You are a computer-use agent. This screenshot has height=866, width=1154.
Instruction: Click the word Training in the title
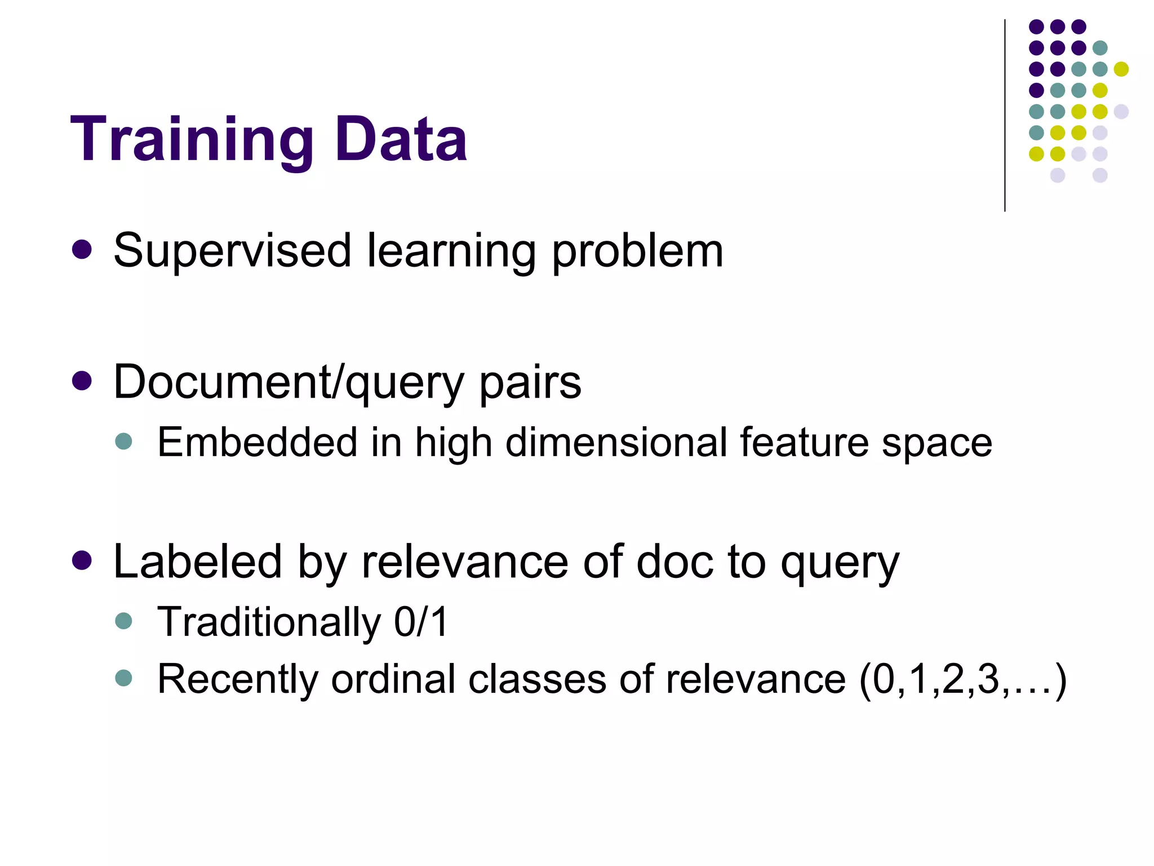pyautogui.click(x=192, y=139)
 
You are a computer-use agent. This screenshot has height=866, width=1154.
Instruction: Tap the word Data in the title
pyautogui.click(x=401, y=139)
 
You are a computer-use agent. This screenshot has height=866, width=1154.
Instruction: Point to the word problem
pyautogui.click(x=637, y=251)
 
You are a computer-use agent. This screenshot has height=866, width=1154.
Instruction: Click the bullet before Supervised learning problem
pyautogui.click(x=82, y=250)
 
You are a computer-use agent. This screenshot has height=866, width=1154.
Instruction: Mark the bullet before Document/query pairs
pyautogui.click(x=82, y=381)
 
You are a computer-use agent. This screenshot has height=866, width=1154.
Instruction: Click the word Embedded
pyautogui.click(x=257, y=442)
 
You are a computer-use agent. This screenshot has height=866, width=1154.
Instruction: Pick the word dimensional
pyautogui.click(x=616, y=442)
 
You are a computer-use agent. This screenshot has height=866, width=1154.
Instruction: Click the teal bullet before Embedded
pyautogui.click(x=123, y=441)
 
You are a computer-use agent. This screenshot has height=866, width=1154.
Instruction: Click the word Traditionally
pyautogui.click(x=269, y=622)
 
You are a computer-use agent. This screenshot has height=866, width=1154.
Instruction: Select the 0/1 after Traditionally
pyautogui.click(x=420, y=622)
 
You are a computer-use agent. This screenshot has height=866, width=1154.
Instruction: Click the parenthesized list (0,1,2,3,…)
pyautogui.click(x=962, y=680)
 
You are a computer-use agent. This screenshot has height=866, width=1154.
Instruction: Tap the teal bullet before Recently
pyautogui.click(x=123, y=677)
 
